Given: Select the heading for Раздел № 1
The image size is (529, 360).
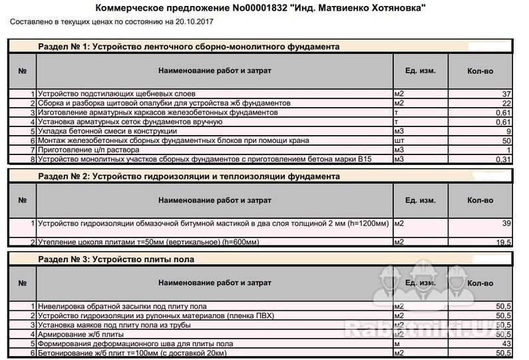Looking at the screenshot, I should pos(190,47).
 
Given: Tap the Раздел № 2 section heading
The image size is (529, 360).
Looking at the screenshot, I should pos(190,176).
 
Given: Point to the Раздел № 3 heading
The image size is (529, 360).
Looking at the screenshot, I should pos(116,259).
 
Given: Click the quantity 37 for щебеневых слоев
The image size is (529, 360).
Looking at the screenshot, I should pos(506,94).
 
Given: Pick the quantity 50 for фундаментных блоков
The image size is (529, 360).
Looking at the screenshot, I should pos(506,141).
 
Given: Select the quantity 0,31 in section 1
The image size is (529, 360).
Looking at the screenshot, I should pos(504,160).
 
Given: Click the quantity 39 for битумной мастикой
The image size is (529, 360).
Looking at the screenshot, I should pos(506,223).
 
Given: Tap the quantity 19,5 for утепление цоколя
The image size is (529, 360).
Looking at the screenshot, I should pos(503,242).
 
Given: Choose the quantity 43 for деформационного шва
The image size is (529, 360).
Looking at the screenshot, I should pos(506,343).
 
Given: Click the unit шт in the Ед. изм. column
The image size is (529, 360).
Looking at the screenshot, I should pos(399,141).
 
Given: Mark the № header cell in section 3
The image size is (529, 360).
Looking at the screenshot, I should pos(22,282).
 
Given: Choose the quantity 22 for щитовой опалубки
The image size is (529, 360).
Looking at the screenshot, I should pos(506,104).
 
